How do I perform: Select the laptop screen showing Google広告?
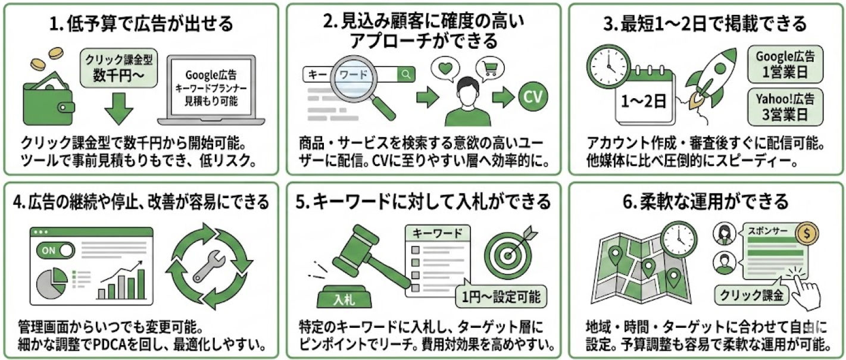(x=211, y=88)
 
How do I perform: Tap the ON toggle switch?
(x=55, y=251)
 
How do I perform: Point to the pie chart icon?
(x=52, y=284)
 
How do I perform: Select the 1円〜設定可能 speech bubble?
(x=500, y=295)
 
